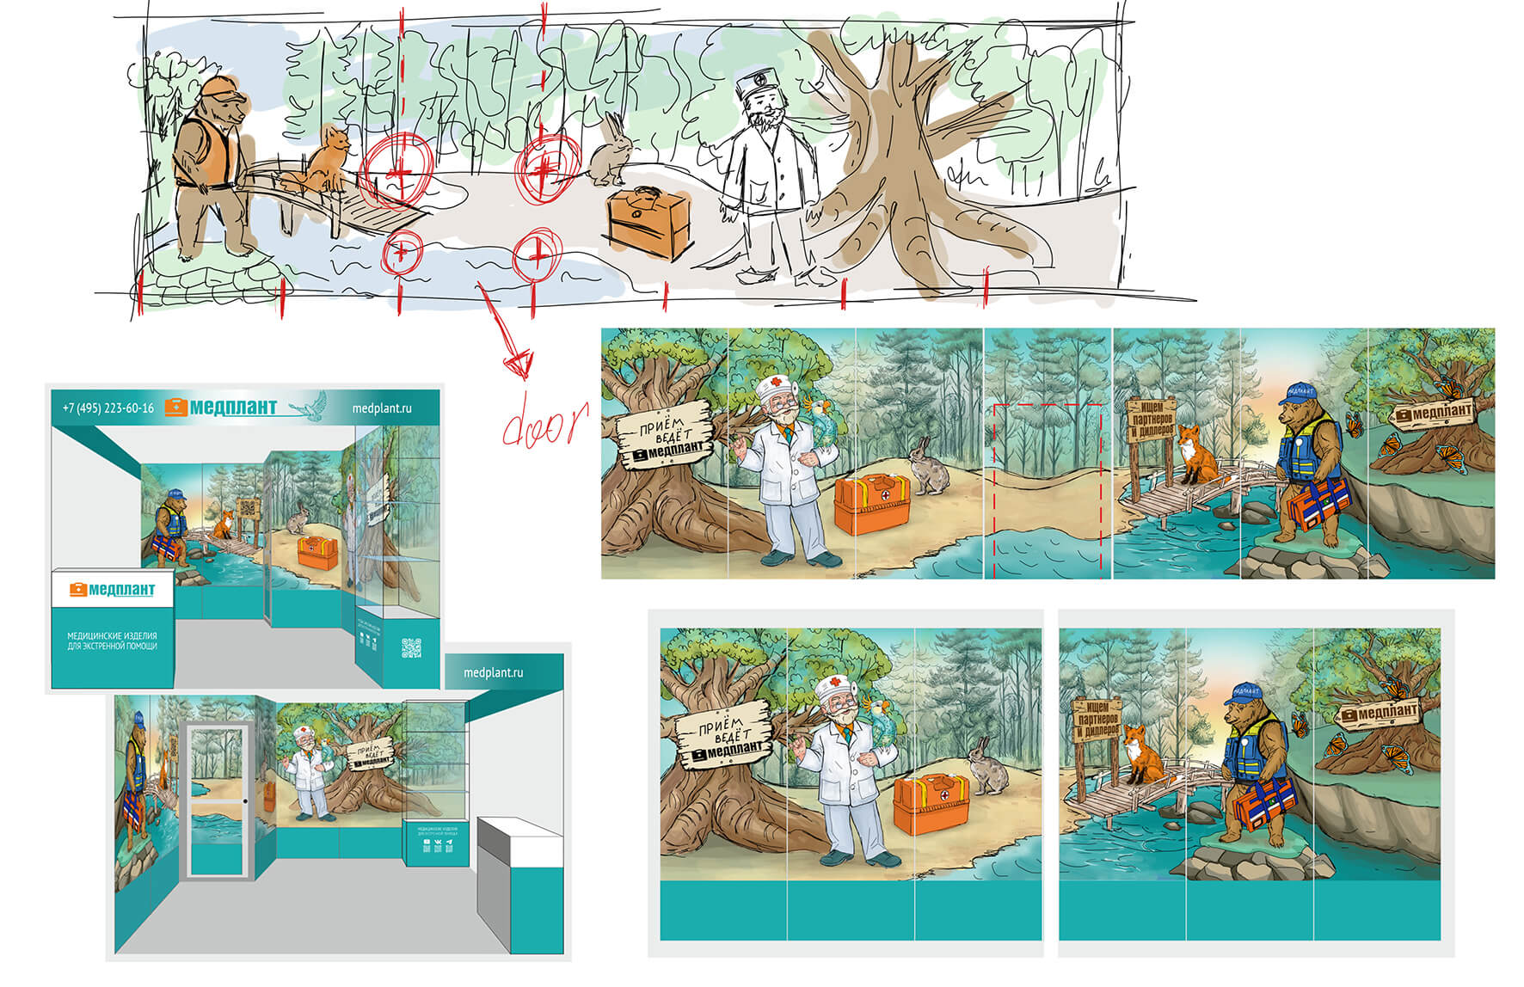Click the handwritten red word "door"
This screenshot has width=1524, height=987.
point(544,422)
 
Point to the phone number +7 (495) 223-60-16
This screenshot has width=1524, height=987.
point(108,408)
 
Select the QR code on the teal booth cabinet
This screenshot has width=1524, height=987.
point(412,647)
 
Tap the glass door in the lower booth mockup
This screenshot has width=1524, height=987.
point(217,800)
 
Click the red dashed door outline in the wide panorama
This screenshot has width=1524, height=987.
point(1047,490)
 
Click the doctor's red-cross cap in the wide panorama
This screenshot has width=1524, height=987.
point(773,386)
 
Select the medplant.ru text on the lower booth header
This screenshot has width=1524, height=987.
point(493,672)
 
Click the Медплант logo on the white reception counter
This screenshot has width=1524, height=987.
point(112,590)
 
